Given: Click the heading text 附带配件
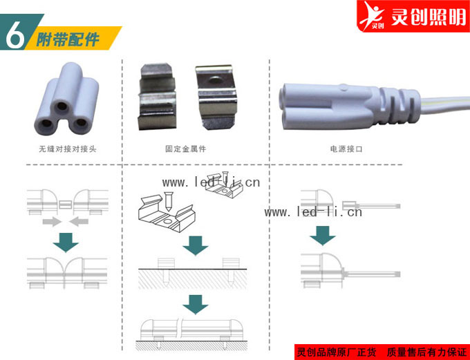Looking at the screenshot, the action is (x=68, y=39).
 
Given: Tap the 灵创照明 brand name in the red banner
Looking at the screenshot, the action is (x=429, y=17).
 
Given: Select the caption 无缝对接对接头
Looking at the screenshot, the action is (x=68, y=149).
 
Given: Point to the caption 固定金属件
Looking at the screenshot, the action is (x=185, y=149).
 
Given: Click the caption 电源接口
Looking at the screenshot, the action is (x=346, y=149).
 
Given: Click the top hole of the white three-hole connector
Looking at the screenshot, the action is (x=62, y=106).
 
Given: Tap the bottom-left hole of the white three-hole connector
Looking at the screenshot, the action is (x=46, y=122).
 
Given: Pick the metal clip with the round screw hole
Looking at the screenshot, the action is (x=216, y=97).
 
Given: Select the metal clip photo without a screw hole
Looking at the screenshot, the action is (x=157, y=97).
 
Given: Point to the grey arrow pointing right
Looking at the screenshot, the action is (x=52, y=222).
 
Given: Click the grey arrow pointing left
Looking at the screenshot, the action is (x=79, y=222).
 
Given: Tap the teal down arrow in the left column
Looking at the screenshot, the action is (x=66, y=243).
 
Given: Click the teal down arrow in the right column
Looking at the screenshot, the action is (x=323, y=236).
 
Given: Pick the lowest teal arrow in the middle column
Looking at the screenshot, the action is (x=196, y=305).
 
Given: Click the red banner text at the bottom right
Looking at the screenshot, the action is (x=382, y=352).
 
